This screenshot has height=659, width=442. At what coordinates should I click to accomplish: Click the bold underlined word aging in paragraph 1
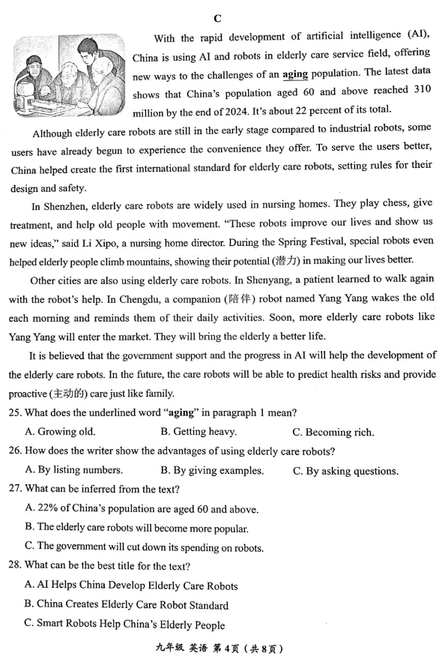point(296,75)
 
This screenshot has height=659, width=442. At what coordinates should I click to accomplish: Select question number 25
point(17,412)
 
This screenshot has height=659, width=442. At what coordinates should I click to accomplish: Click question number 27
point(17,490)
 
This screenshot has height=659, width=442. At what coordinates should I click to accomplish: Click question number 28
point(17,566)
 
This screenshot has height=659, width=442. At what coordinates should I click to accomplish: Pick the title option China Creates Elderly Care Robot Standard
point(127,605)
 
